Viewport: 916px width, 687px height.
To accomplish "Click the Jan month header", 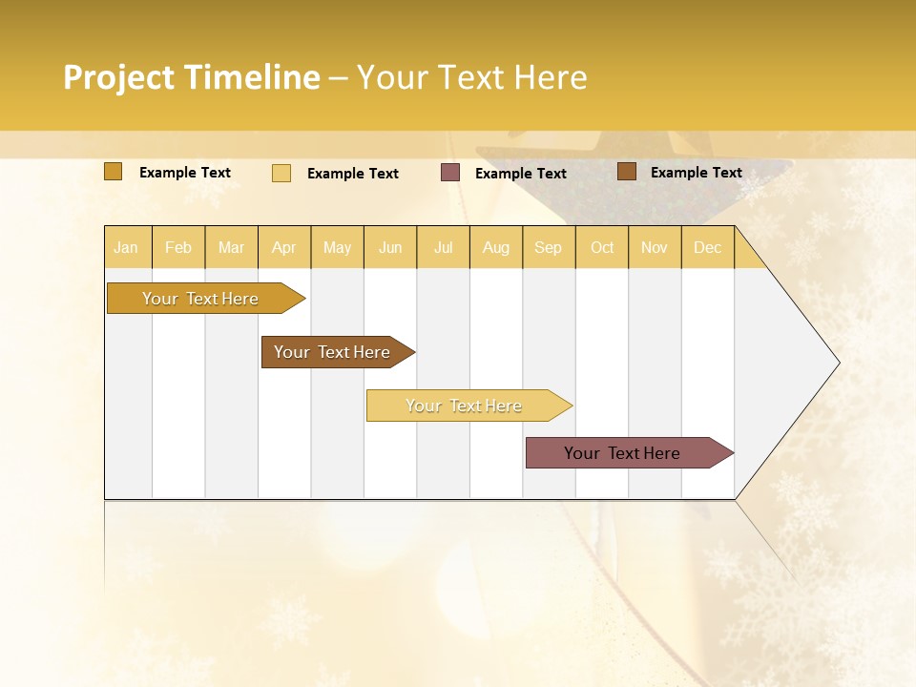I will pyautogui.click(x=126, y=247).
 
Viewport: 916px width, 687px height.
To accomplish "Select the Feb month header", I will pyautogui.click(x=178, y=247).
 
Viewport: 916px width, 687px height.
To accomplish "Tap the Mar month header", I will pyautogui.click(x=231, y=247).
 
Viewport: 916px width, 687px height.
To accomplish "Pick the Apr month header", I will pyautogui.click(x=284, y=247).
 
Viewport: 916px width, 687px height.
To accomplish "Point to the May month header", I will pyautogui.click(x=337, y=247).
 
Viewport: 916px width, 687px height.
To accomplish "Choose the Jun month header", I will pyautogui.click(x=390, y=247).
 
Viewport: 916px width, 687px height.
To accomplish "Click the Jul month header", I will pyautogui.click(x=443, y=247).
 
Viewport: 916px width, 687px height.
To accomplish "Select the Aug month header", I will pyautogui.click(x=496, y=247).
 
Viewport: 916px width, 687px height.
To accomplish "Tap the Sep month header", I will pyautogui.click(x=549, y=247).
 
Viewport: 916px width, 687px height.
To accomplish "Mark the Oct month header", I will pyautogui.click(x=602, y=247).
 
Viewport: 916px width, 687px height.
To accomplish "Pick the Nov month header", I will pyautogui.click(x=655, y=247).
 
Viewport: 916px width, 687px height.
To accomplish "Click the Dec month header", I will pyautogui.click(x=707, y=247).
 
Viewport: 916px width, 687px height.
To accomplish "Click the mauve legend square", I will pyautogui.click(x=450, y=173).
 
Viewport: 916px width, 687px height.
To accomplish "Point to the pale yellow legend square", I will pyautogui.click(x=281, y=173).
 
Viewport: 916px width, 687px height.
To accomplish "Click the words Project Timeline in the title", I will pyautogui.click(x=192, y=77).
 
